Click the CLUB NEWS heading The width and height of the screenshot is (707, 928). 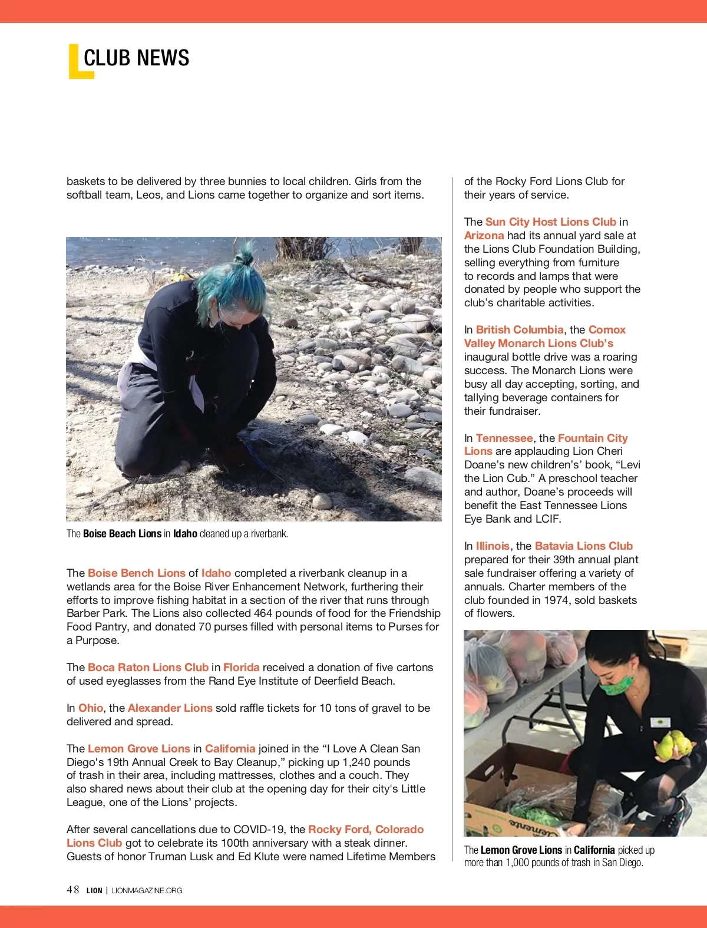[136, 58]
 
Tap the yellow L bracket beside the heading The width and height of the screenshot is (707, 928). [75, 64]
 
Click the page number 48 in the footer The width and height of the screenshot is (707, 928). [73, 890]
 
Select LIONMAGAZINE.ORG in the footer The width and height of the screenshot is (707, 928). [147, 890]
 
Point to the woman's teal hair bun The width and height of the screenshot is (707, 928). [245, 255]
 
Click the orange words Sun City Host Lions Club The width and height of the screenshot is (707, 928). [550, 222]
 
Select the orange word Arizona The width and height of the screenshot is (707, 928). [484, 236]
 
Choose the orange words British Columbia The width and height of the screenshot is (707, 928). [520, 330]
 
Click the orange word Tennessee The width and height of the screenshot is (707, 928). [504, 438]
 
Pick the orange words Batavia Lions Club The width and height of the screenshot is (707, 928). [583, 546]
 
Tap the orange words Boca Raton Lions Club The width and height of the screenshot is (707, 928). [148, 668]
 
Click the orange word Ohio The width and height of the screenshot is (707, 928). [91, 708]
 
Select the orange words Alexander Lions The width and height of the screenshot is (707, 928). [170, 708]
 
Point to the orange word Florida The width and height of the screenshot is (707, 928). [241, 668]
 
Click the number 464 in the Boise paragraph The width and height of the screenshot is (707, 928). [263, 613]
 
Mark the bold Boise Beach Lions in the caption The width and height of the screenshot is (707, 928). [122, 534]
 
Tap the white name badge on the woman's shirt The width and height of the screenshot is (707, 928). [660, 722]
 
